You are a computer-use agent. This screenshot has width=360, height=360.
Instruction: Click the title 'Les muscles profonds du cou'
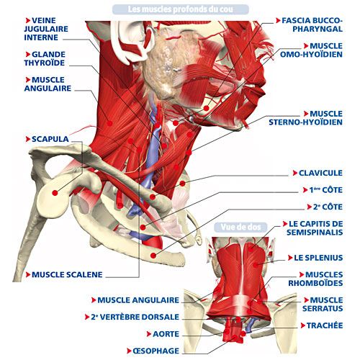(180, 9)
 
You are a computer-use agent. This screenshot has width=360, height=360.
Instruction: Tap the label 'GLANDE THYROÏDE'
(45, 58)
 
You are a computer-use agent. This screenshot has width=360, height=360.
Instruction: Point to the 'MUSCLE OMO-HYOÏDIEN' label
(311, 50)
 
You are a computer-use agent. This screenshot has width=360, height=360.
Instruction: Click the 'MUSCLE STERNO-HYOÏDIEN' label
(306, 118)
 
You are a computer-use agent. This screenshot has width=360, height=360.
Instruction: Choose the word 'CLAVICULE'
(320, 173)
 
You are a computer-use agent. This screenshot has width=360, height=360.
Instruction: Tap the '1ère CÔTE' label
(325, 190)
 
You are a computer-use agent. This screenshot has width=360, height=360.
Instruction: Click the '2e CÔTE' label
(328, 207)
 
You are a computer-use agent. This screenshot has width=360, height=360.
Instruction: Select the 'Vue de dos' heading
(240, 227)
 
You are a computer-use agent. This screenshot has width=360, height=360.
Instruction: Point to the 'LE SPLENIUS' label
(318, 258)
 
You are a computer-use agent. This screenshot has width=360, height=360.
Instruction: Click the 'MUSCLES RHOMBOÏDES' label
(315, 279)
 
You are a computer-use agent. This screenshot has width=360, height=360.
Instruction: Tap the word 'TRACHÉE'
(325, 325)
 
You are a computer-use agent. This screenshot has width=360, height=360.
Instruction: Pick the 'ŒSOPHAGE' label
(156, 351)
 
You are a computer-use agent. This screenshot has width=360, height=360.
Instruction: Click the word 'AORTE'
(166, 334)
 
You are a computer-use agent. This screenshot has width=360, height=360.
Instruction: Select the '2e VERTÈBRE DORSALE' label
(135, 317)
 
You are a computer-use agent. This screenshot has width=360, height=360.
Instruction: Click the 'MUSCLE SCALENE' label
(67, 274)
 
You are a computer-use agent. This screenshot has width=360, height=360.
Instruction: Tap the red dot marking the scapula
(55, 193)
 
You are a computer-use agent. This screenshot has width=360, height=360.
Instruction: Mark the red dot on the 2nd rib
(153, 256)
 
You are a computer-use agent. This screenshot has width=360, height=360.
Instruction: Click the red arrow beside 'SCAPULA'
(28, 139)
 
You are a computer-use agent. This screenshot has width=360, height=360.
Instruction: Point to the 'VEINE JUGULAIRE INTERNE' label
(46, 29)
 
